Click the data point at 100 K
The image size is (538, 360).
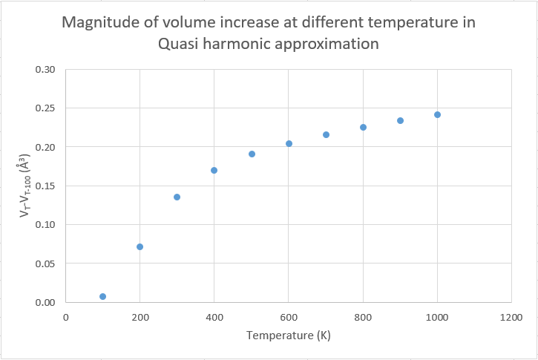[102, 296]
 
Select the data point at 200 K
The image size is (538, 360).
[140, 246]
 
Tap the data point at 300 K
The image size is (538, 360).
[177, 197]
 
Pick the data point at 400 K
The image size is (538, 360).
[214, 170]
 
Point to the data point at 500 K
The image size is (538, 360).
[252, 154]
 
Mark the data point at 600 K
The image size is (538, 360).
[289, 143]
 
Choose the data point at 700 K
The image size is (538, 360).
[326, 134]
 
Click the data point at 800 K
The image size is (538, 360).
[363, 127]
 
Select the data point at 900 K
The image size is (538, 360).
[400, 120]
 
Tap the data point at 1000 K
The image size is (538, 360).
[437, 114]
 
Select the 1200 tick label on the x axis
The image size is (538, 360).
[511, 317]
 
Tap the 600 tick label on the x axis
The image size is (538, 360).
[289, 317]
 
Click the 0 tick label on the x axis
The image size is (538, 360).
[66, 317]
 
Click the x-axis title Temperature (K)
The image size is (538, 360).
[289, 336]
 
